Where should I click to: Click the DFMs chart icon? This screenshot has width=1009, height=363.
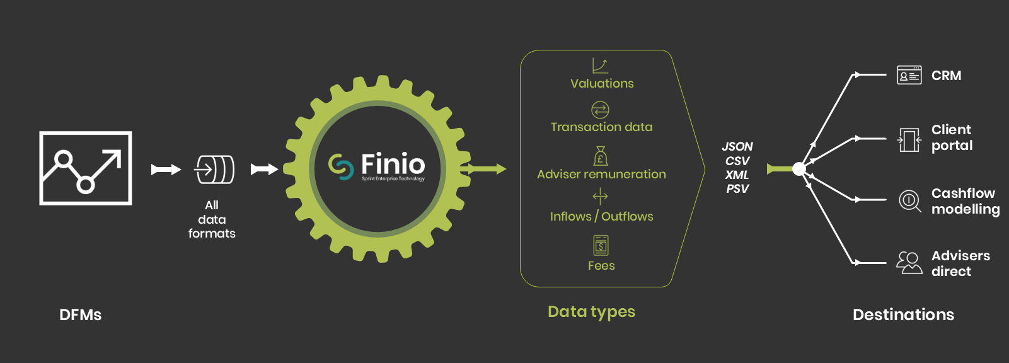86,168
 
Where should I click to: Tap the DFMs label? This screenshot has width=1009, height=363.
80,315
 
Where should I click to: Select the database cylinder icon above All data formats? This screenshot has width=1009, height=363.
214,170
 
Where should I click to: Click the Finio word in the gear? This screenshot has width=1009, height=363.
393,163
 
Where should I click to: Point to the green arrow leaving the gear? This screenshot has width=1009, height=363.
483,170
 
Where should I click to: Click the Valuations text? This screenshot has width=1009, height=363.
602,83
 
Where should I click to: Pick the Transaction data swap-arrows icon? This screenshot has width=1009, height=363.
600,110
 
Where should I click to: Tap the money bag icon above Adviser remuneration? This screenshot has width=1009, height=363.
601,156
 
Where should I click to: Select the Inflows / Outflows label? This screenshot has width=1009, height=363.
601,216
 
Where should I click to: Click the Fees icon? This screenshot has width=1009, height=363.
601,245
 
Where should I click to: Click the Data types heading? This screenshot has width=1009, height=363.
591,312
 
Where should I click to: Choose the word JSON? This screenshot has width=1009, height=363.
737,146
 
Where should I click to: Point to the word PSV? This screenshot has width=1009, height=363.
737,188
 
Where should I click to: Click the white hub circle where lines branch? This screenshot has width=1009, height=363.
799,170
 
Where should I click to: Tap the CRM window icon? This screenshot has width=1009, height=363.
909,75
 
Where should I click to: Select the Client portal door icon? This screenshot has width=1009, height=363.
909,140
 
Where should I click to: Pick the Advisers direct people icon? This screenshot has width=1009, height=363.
909,263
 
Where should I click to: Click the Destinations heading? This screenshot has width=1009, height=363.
903,314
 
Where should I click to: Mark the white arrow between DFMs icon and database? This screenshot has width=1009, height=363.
166,170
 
